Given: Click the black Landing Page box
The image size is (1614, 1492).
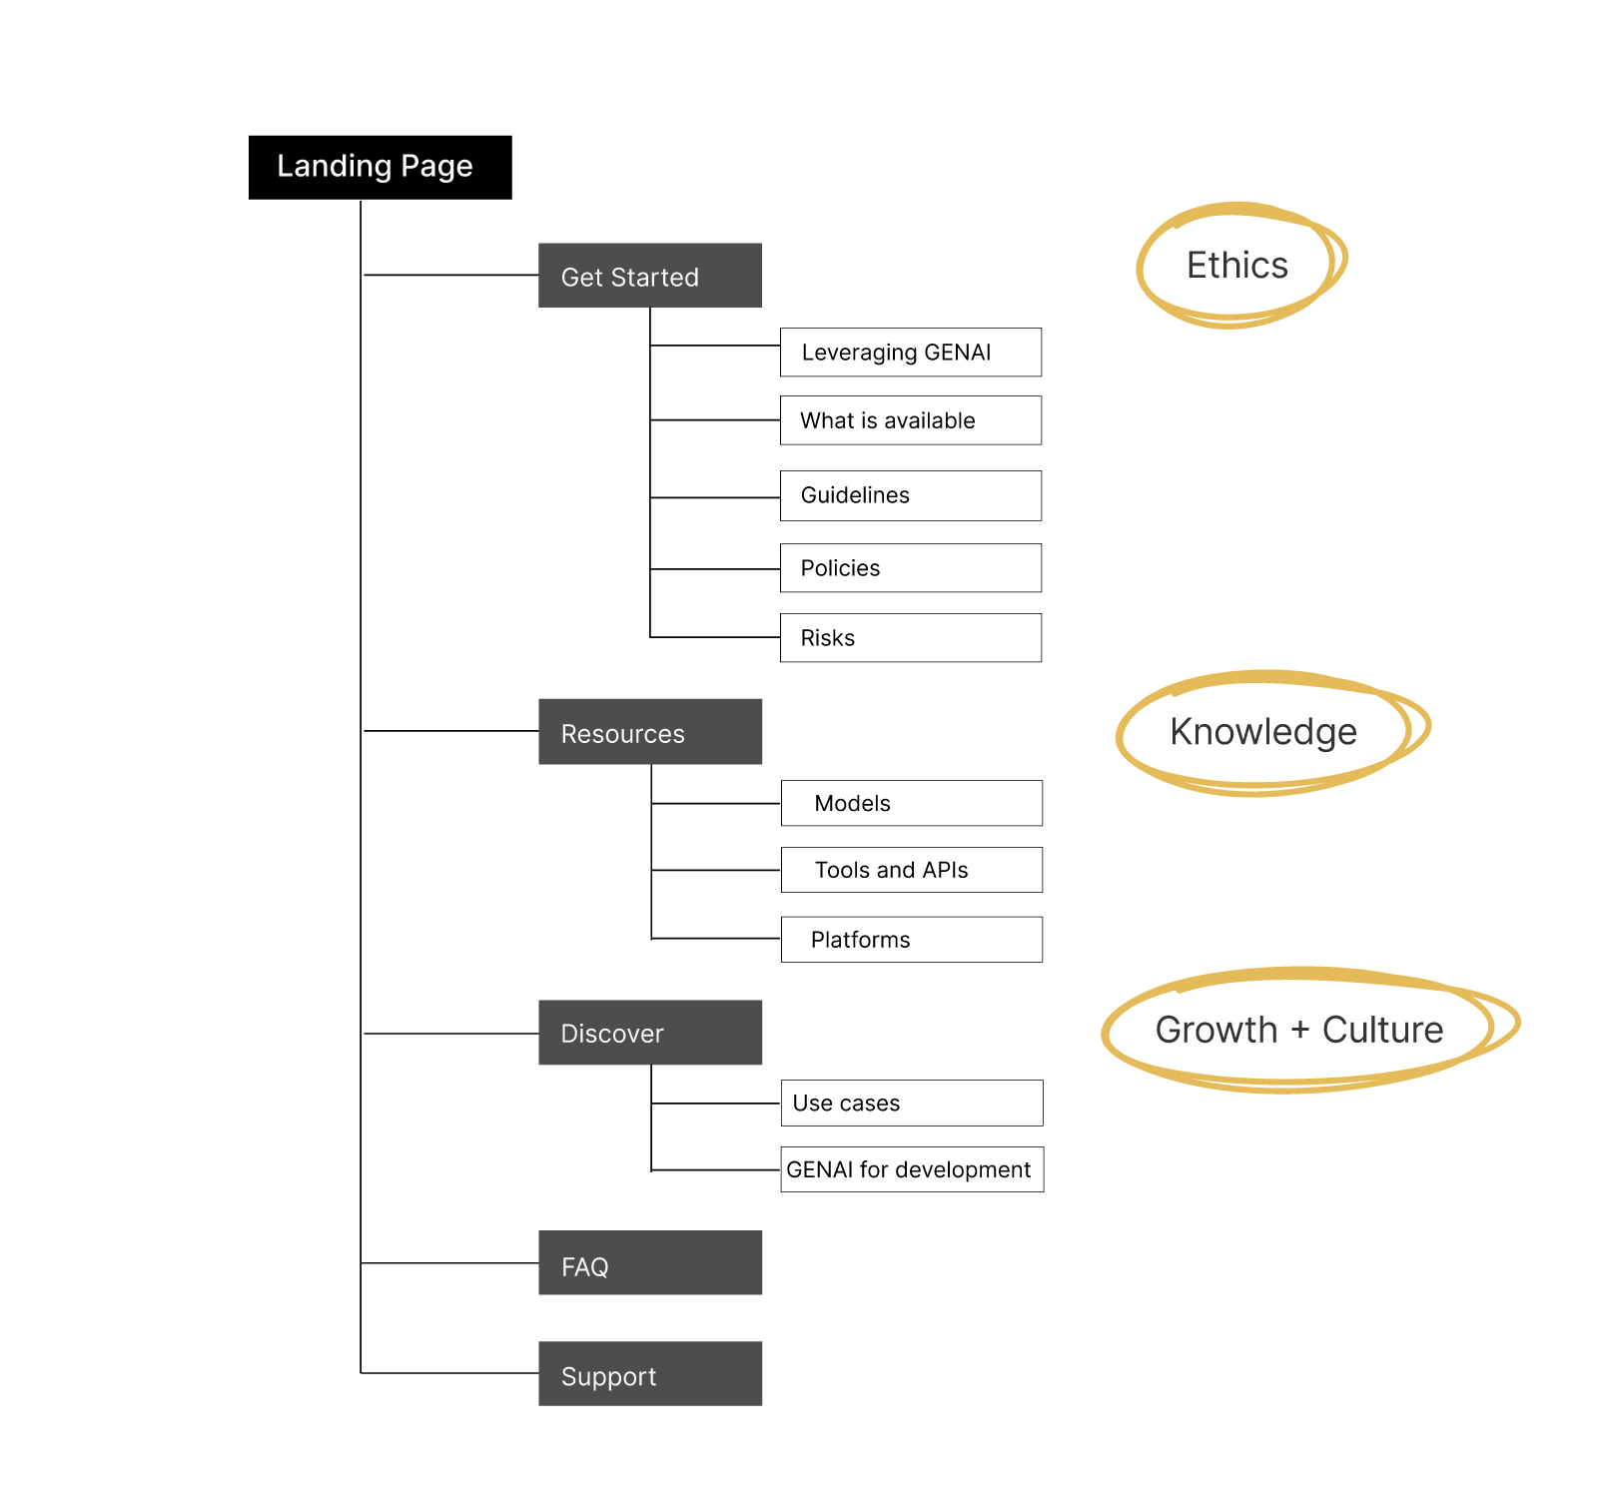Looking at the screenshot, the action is (x=380, y=167).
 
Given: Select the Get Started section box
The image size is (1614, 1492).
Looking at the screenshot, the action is (x=650, y=276).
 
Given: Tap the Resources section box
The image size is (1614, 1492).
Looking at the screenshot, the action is (x=650, y=732).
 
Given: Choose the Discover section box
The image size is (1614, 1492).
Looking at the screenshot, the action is (x=650, y=1033).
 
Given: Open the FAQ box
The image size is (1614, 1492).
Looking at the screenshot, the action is (x=650, y=1263).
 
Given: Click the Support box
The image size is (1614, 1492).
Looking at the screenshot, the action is (x=650, y=1374).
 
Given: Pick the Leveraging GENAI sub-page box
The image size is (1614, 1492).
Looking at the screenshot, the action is (x=911, y=353).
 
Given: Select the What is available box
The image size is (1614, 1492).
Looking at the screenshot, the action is (x=911, y=420).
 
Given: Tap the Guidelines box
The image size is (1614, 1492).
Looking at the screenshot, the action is (x=911, y=495).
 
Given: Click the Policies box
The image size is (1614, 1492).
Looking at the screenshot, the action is (x=911, y=568).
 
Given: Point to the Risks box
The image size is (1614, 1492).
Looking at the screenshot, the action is (x=911, y=638).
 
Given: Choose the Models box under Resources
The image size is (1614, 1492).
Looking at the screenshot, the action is (x=912, y=803).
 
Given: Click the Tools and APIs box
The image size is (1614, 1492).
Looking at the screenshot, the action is (x=912, y=870).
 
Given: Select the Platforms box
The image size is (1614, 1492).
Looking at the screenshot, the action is (x=912, y=940).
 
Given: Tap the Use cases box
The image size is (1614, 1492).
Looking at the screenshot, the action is (x=912, y=1103).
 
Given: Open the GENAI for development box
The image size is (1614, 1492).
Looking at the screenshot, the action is (x=912, y=1169).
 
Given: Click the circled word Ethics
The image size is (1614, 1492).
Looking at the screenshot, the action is (x=1237, y=266).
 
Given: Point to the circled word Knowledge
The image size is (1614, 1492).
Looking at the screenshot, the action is (x=1263, y=732).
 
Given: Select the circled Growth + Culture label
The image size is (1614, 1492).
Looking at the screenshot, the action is (x=1299, y=1030).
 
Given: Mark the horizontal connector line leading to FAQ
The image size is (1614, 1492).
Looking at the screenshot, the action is (x=449, y=1263).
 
